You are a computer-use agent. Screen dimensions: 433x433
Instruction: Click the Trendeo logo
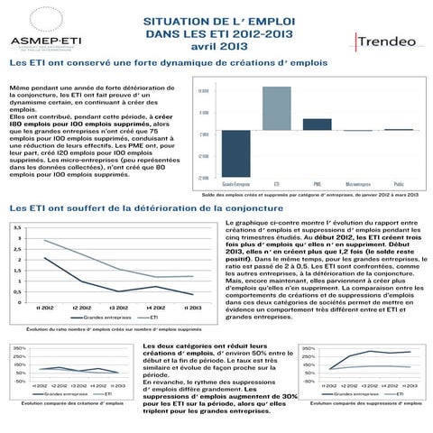click(x=387, y=41)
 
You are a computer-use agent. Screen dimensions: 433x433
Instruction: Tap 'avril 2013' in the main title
click(x=216, y=46)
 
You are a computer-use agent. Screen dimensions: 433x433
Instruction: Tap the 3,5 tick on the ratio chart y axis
click(x=18, y=229)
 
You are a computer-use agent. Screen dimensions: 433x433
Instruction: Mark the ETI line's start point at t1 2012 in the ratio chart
click(x=44, y=240)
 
